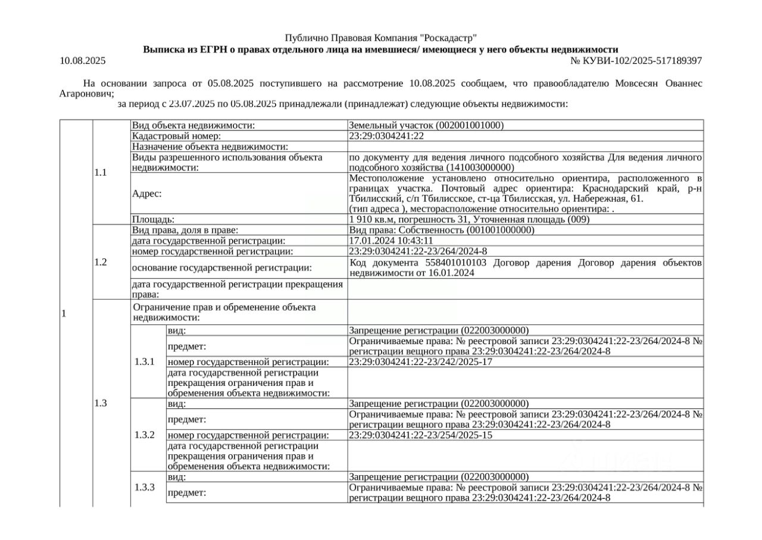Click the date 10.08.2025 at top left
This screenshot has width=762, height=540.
point(82,61)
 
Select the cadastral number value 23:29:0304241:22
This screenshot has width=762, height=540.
point(386,136)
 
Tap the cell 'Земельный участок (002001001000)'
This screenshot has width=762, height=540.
point(426,126)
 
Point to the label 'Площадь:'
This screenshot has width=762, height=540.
point(153,220)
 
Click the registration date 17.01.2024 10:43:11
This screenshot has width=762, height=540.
point(391,241)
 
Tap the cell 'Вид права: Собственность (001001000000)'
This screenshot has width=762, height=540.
point(442,230)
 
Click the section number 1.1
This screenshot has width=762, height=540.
point(101,173)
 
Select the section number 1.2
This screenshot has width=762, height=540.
point(101,262)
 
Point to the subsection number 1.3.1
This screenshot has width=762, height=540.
point(144,361)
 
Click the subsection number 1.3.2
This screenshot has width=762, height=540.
point(144,435)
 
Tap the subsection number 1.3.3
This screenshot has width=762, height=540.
point(144,488)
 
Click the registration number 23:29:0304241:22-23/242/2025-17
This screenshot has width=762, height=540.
point(420,362)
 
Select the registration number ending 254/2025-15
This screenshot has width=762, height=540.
point(420,435)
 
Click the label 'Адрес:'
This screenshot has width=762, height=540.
point(146,193)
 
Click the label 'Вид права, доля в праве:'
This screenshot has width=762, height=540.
point(185,230)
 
